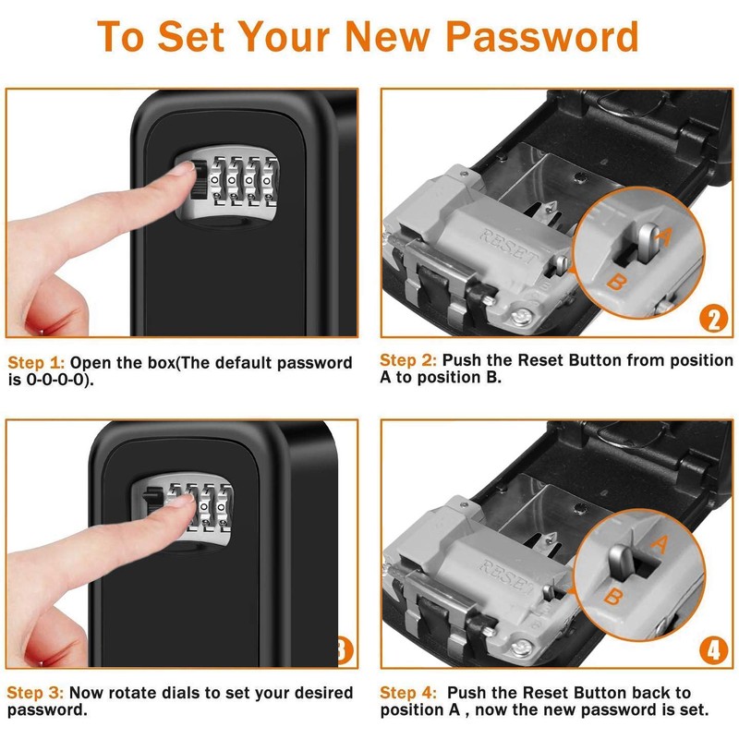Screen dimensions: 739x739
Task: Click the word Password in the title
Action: pyautogui.click(x=543, y=36)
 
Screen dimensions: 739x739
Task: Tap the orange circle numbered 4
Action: pyautogui.click(x=712, y=651)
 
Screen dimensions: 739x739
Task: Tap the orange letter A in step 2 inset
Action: pyautogui.click(x=661, y=237)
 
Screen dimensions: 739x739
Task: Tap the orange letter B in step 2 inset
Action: pyautogui.click(x=614, y=282)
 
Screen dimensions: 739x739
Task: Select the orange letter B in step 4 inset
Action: pyautogui.click(x=612, y=596)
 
